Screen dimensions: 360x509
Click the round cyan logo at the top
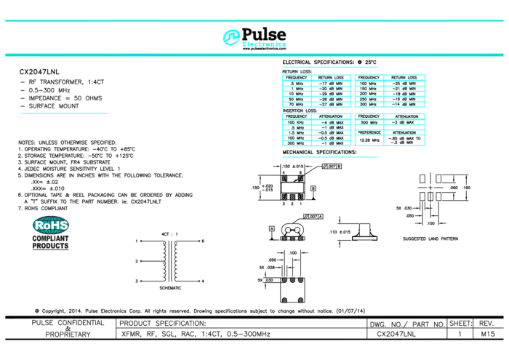(x=231, y=37)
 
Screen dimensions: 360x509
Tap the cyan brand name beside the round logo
(x=264, y=44)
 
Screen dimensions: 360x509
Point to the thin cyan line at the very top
(x=254, y=20)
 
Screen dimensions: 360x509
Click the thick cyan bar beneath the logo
(x=254, y=55)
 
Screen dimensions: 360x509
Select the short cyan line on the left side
(x=64, y=113)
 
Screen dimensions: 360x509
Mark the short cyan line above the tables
(x=330, y=67)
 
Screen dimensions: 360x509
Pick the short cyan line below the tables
(x=330, y=157)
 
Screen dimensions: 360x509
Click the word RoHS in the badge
(x=50, y=225)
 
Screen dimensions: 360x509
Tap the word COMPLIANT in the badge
(x=50, y=239)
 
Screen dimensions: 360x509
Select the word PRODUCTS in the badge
(x=50, y=246)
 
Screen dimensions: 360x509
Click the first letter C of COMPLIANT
(x=34, y=239)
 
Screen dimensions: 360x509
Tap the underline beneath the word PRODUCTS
(x=50, y=249)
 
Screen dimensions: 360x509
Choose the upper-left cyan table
(x=316, y=90)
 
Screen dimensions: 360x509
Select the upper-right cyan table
(x=390, y=90)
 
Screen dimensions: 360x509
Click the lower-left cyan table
(x=316, y=129)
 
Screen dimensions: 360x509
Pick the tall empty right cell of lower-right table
(x=404, y=140)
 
